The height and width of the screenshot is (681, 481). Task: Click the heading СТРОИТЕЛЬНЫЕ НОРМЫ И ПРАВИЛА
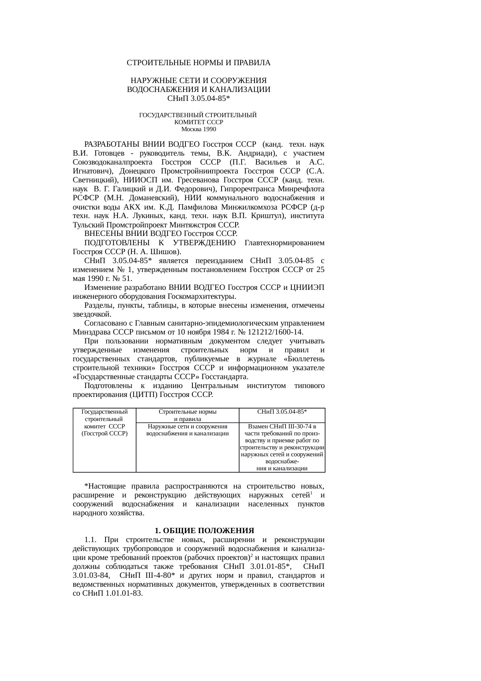pos(199,63)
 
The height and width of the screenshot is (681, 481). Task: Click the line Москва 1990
pos(199,129)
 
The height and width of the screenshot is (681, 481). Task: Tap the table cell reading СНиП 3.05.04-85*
pos(282,412)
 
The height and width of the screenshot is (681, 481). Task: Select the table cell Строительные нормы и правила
pos(187,415)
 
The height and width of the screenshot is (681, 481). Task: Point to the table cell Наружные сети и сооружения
pos(187,430)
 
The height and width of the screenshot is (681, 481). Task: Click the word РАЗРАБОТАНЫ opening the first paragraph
pos(112,144)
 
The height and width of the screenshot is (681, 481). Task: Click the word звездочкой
pos(92,314)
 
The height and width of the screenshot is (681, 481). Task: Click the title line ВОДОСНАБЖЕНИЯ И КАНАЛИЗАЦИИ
pos(199,90)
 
